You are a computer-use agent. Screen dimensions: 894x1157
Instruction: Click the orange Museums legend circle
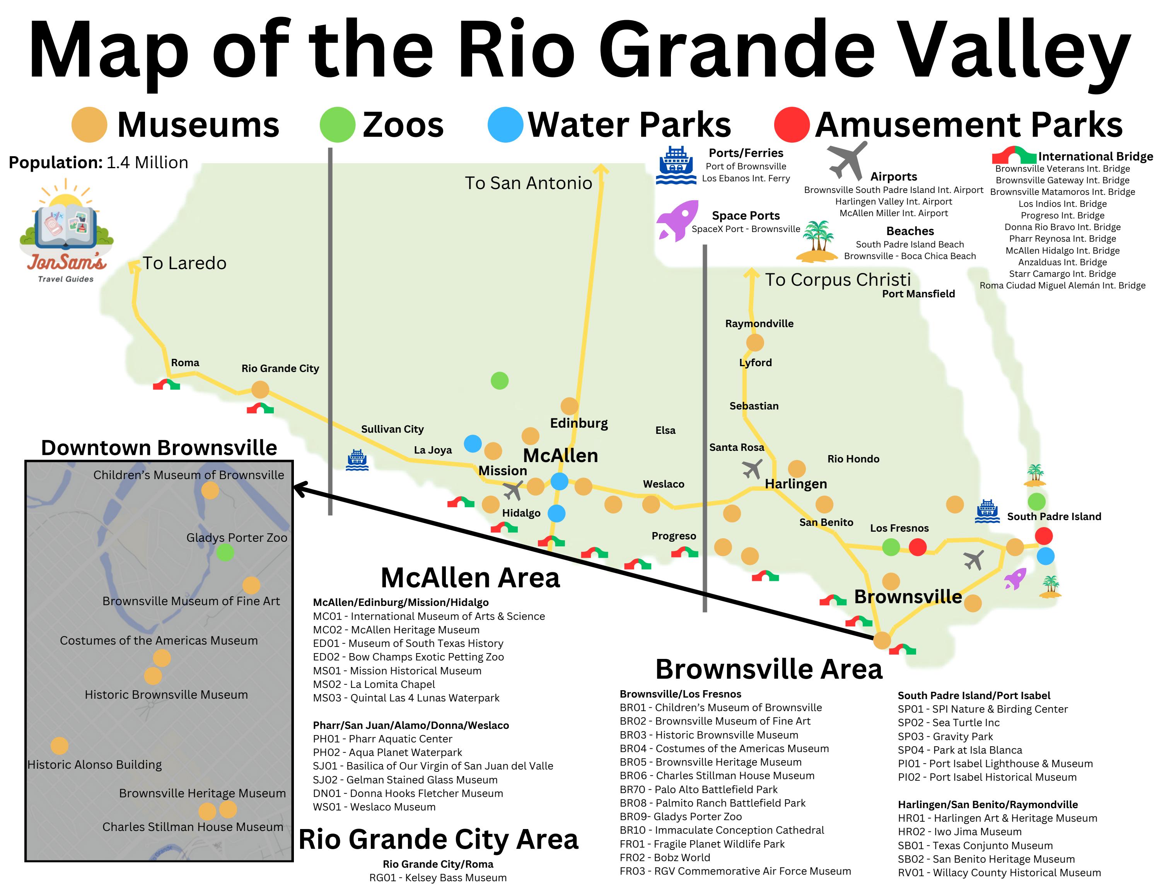[x=89, y=125]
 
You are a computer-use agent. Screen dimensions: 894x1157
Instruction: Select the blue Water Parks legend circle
[x=505, y=125]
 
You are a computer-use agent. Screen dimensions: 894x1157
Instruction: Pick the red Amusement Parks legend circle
[x=792, y=125]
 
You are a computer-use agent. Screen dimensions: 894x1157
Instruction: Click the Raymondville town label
[x=759, y=324]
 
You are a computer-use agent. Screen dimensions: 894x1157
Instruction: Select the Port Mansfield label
[x=918, y=294]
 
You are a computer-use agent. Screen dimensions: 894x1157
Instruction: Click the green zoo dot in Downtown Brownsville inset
[x=225, y=553]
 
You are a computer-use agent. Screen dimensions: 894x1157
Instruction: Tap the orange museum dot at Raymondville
[x=754, y=343]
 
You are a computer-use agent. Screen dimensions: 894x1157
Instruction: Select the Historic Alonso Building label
[x=94, y=765]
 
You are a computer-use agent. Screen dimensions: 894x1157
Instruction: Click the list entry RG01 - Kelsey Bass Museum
[x=438, y=878]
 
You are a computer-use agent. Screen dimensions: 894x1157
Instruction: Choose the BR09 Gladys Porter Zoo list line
[x=680, y=817]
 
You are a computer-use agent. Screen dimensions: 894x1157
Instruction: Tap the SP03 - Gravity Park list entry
[x=945, y=737]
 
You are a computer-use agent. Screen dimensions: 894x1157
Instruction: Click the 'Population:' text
[x=55, y=162]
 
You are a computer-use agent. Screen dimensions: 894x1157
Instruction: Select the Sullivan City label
[x=392, y=430]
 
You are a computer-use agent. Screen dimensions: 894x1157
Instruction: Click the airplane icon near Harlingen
[x=752, y=469]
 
